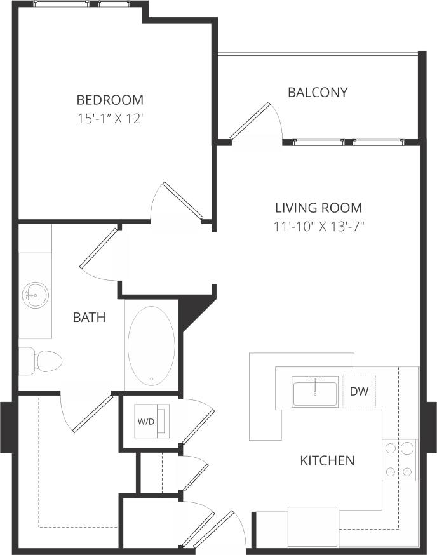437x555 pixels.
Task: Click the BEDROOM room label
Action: coord(110,100)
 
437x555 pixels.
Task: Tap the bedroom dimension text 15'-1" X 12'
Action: coord(110,118)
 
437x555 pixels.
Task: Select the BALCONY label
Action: coord(318,92)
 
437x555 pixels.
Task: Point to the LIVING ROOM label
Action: coord(318,208)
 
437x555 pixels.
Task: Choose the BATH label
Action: coord(88,317)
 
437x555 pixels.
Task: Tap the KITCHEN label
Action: coord(326,460)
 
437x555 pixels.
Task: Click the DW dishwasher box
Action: coord(359,392)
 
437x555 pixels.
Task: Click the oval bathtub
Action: coord(151,345)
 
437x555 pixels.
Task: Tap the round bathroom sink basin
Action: coord(34,294)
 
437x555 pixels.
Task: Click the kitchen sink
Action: coord(314,391)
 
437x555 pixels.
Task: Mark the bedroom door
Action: coord(182,202)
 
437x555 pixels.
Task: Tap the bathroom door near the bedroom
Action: coord(99,248)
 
